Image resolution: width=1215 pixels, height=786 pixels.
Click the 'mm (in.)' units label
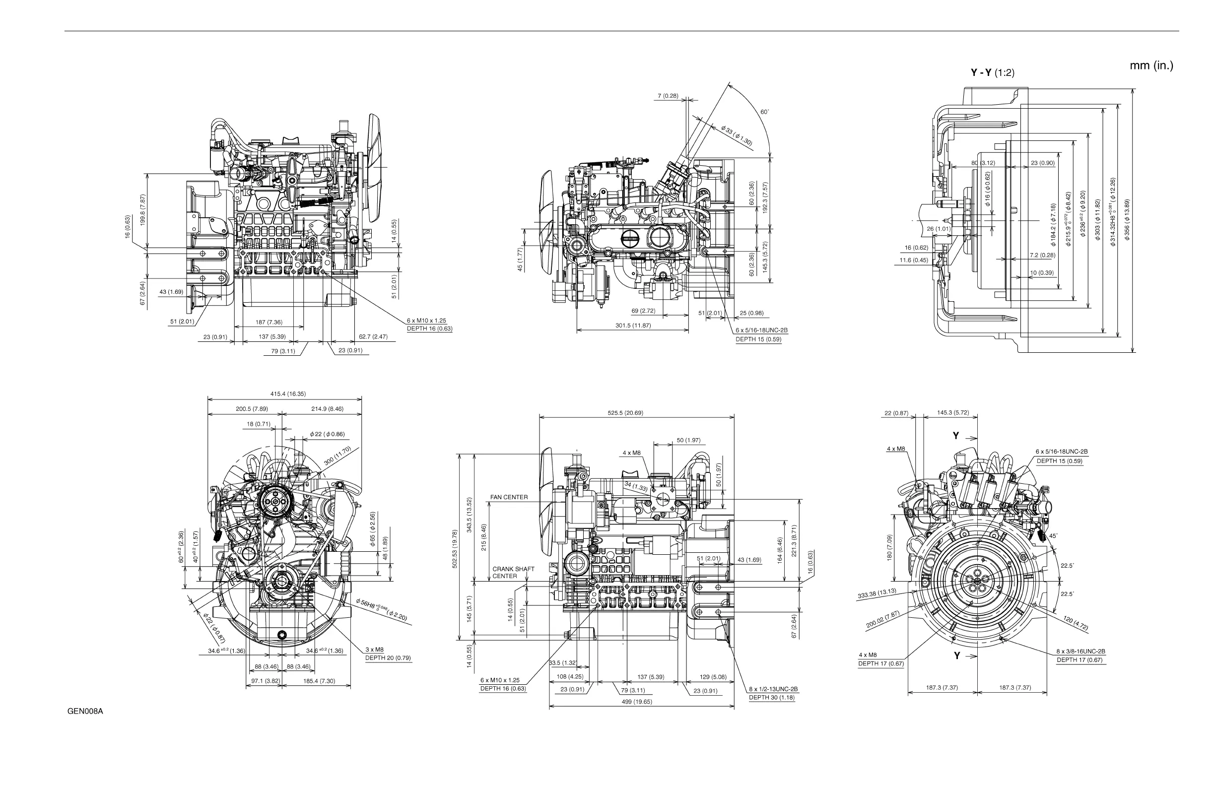(x=1151, y=66)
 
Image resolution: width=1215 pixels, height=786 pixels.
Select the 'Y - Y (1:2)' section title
(x=992, y=73)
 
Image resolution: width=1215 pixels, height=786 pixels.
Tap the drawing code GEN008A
(x=85, y=712)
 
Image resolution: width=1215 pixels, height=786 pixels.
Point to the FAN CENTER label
(x=509, y=497)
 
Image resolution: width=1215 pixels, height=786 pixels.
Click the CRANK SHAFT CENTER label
(x=513, y=572)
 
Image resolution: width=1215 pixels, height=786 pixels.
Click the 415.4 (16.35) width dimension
(x=288, y=394)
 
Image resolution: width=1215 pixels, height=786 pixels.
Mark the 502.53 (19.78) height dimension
(x=455, y=549)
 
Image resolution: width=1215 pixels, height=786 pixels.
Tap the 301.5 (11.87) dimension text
(x=633, y=326)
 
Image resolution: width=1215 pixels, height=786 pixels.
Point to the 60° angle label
(x=764, y=112)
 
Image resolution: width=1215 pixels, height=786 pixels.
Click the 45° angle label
(x=1053, y=536)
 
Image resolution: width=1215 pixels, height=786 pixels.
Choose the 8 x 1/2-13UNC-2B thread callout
(x=773, y=689)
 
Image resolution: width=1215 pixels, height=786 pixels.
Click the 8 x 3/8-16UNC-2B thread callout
(x=1080, y=652)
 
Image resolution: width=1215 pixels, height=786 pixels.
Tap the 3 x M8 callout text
(x=374, y=650)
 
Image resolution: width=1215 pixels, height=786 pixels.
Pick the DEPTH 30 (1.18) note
(x=771, y=698)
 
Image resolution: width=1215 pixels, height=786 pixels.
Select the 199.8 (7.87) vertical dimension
(x=143, y=209)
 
